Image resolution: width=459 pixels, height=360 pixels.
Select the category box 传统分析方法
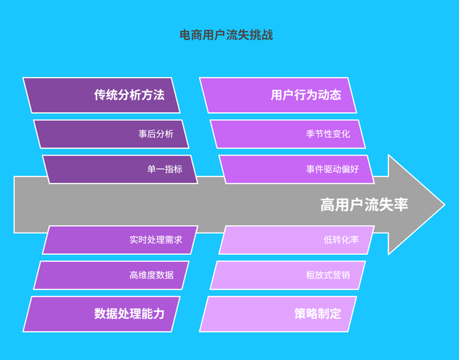(102, 95)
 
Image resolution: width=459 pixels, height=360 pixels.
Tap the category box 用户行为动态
(278, 95)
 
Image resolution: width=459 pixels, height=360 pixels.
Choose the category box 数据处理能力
(102, 314)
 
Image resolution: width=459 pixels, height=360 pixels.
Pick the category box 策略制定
(278, 314)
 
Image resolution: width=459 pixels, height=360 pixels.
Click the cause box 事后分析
(112, 134)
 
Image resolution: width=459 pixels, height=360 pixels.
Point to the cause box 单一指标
(120, 169)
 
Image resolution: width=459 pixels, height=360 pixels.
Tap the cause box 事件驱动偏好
(296, 169)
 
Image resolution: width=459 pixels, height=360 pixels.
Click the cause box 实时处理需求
(120, 240)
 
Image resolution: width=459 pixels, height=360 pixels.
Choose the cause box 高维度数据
(112, 275)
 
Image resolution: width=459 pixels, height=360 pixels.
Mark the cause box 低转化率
(296, 240)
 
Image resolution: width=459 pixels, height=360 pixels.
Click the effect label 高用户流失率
(364, 205)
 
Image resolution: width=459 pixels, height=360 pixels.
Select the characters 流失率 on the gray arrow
(386, 205)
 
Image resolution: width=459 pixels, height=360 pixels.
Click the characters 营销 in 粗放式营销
(341, 275)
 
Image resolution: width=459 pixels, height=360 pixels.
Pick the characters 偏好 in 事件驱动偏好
(349, 169)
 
